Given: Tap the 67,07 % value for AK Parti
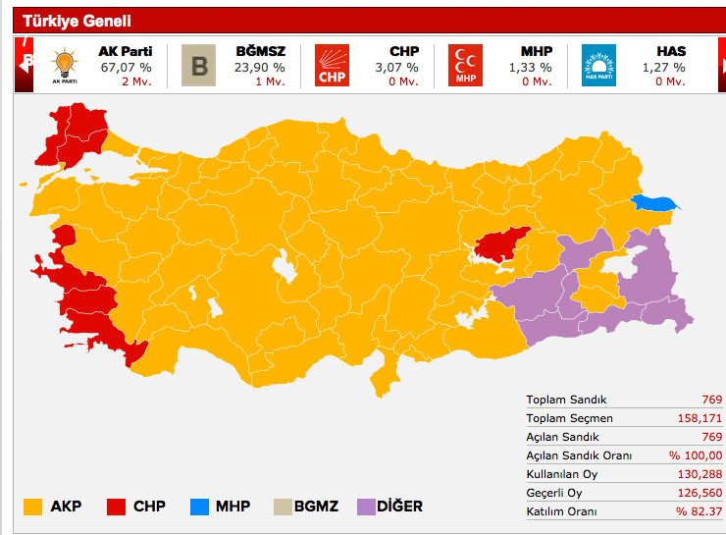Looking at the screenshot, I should pos(126,67).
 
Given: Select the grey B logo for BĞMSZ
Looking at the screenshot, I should pos(199,66).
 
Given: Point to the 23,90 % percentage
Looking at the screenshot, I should pos(260,67).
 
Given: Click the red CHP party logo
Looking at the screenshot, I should pos(332,66).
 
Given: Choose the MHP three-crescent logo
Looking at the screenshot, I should pos(465,66).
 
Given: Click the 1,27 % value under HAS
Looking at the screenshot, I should pos(663,67).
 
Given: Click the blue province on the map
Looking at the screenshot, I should pos(655,203).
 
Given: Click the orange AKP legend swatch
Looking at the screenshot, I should pos(32,507).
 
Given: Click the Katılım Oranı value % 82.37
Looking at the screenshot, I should pos(698,511).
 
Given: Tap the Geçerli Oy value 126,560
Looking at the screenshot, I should pos(700,493).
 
